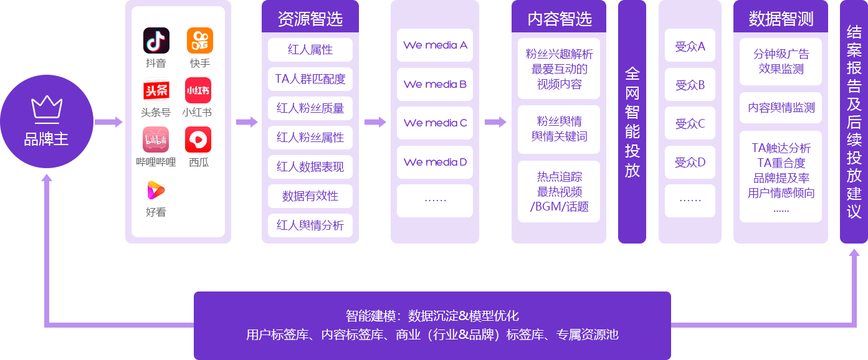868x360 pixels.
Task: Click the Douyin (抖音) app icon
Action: point(156,40)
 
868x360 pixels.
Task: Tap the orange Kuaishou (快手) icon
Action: point(200,40)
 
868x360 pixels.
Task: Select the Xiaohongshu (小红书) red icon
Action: point(198,90)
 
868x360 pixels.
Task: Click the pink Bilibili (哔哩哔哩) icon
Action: point(156,140)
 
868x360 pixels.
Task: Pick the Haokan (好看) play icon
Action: point(156,190)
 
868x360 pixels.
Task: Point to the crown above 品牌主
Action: point(47,107)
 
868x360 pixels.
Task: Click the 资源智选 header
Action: point(310,19)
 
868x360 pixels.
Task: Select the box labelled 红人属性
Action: point(310,50)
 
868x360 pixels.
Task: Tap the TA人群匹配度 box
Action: point(310,79)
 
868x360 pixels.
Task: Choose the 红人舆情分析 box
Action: point(310,225)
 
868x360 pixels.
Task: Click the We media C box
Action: point(435,123)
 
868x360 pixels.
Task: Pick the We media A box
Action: point(435,45)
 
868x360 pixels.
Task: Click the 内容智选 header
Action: point(558,19)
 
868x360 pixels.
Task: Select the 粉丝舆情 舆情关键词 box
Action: point(559,129)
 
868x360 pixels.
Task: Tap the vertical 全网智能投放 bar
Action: point(632,122)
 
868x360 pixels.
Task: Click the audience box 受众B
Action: point(690,85)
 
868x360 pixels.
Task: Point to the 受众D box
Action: point(690,163)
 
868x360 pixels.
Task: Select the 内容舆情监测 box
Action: point(781,108)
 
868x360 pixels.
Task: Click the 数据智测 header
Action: point(780,19)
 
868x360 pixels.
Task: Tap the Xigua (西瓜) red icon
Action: point(198,140)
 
